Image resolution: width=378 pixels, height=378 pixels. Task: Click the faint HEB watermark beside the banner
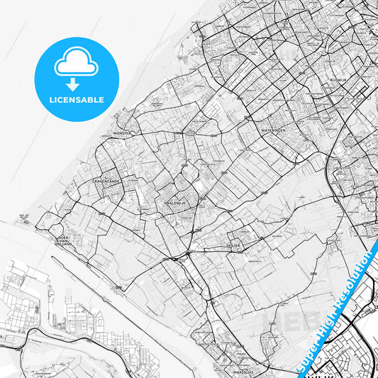click(x=281, y=321)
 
